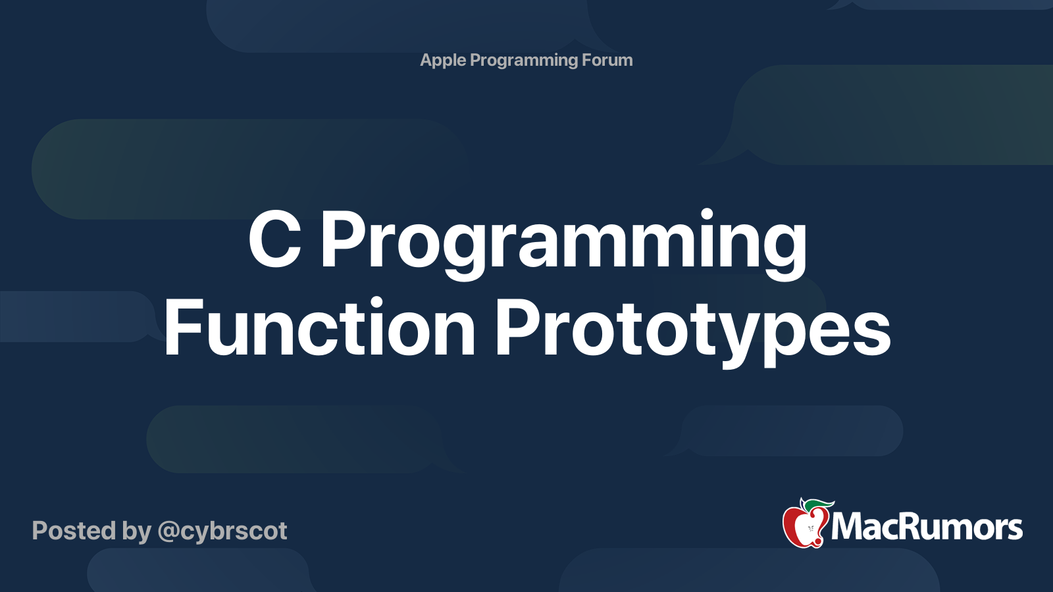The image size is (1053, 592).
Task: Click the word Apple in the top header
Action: (x=443, y=61)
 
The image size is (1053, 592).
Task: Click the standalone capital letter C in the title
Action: (x=274, y=241)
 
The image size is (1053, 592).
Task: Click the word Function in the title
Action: (x=319, y=328)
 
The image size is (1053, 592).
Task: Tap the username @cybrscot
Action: (x=222, y=531)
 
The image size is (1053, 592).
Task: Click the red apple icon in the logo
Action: (x=804, y=526)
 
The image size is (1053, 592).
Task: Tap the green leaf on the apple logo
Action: (x=818, y=505)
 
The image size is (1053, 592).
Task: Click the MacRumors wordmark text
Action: (x=927, y=527)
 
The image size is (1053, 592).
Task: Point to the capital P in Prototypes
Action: (x=516, y=328)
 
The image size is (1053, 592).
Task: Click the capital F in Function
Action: (x=182, y=328)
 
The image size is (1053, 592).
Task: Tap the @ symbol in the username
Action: (x=168, y=531)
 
